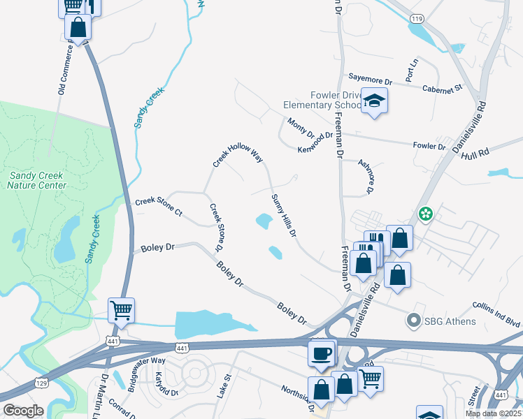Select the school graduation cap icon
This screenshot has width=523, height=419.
pos(374,102)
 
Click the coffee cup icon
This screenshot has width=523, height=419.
pos(322,353)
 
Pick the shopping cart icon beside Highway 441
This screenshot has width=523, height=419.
pos(121,310)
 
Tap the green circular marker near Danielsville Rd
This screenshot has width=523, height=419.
pos(424,214)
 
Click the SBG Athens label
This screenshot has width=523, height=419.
pos(450,321)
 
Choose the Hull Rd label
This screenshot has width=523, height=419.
pos(475,152)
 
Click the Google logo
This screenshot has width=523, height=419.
pos(23,411)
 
